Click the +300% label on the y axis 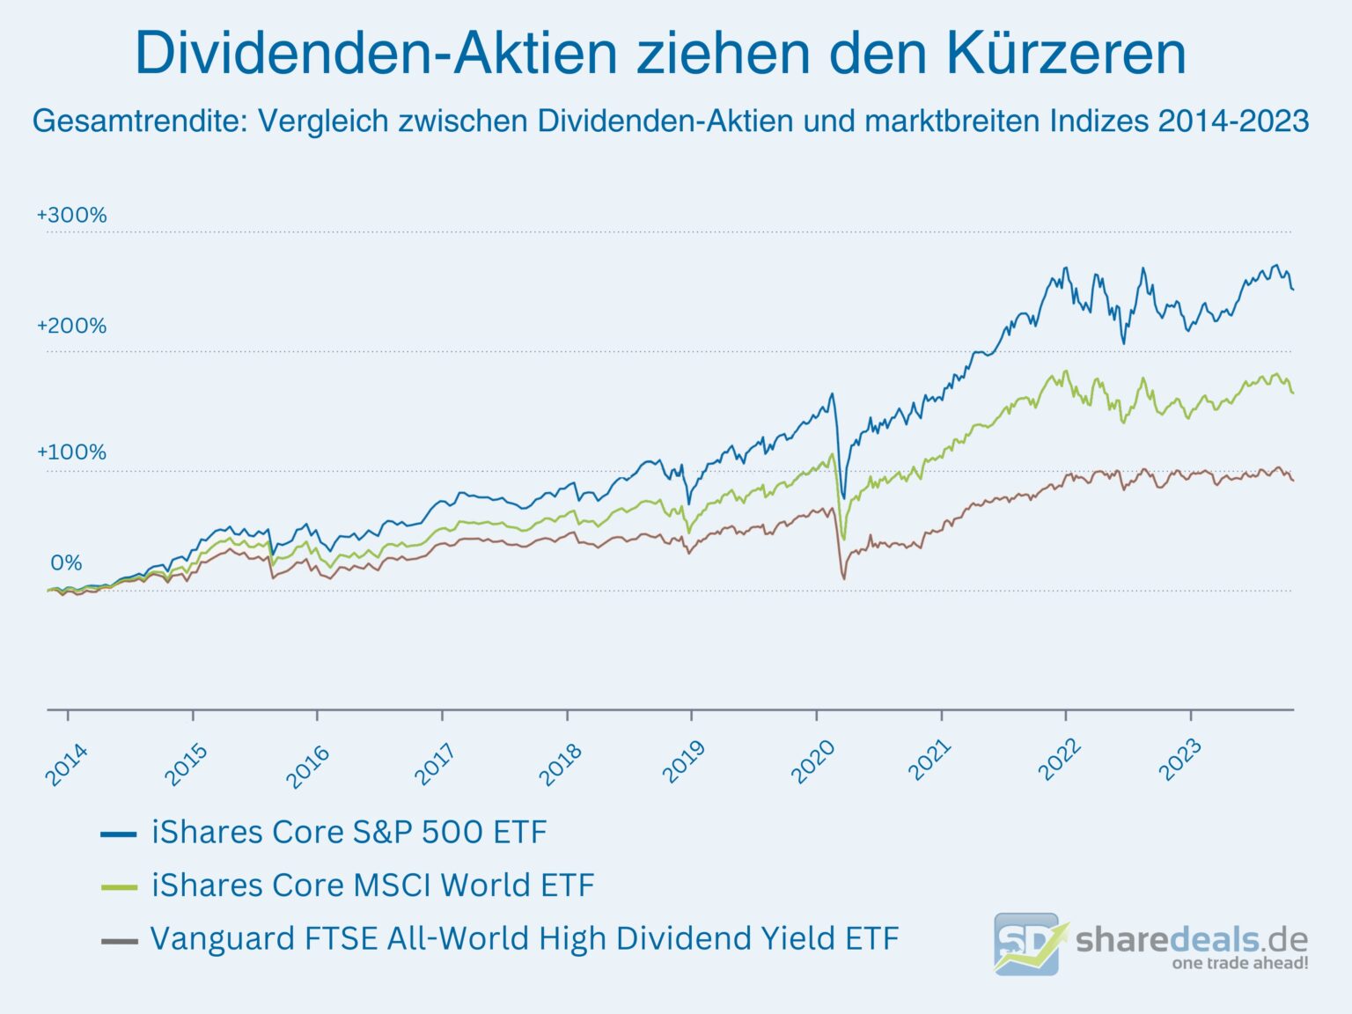tap(71, 215)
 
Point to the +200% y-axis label tap(71, 326)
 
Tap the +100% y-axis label tap(71, 452)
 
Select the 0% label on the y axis tap(66, 562)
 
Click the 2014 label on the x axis tap(67, 764)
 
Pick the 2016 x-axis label tap(308, 764)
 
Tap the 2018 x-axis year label tap(560, 764)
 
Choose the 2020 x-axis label tap(812, 762)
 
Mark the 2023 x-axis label tap(1179, 760)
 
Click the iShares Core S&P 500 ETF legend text tap(349, 832)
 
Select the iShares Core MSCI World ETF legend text tap(372, 885)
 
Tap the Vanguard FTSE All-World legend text tap(525, 938)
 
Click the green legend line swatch tap(119, 887)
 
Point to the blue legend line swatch tap(119, 834)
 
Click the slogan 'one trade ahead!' tap(1239, 963)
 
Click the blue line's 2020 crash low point tap(843, 498)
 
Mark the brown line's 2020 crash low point tap(843, 578)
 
